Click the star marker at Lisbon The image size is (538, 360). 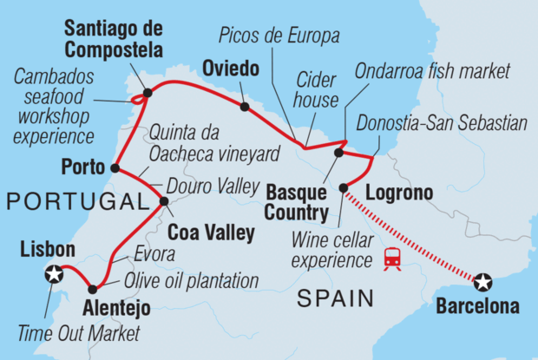coord(54,274)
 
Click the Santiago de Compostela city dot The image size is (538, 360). coord(147,91)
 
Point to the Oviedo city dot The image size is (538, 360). coord(245,108)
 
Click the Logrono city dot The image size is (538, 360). coord(344,187)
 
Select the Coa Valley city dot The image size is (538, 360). coord(164,201)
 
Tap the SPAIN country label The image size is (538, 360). coord(335,299)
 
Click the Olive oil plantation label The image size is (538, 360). coord(192,281)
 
